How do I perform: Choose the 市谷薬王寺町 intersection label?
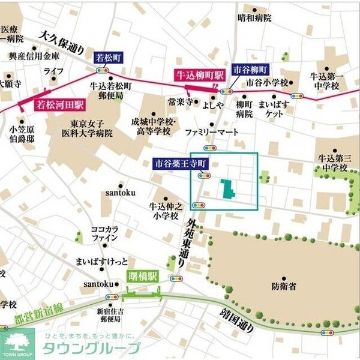coord(180,163)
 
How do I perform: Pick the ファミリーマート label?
coord(211,131)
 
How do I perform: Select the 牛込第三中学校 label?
coord(333,163)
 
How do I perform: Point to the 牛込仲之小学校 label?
coord(164,211)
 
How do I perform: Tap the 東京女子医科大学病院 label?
coord(88,128)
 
